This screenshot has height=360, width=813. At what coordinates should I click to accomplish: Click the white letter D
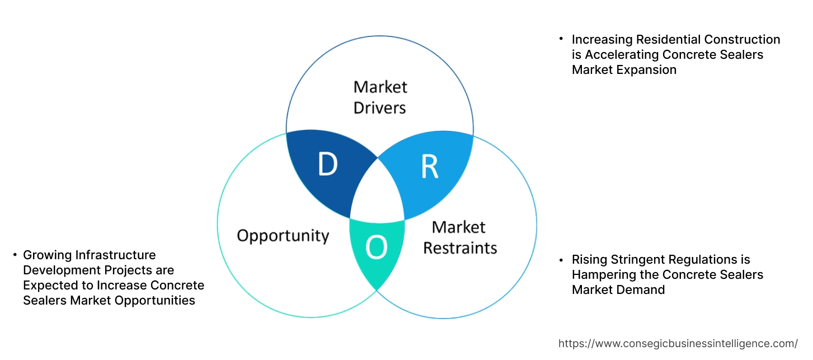click(x=327, y=165)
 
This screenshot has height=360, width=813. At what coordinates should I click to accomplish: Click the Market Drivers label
click(x=380, y=97)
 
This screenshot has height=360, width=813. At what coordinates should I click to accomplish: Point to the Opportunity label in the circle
click(x=283, y=235)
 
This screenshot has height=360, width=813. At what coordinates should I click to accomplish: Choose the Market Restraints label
click(x=459, y=237)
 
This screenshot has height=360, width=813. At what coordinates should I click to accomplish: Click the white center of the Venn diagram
click(x=377, y=193)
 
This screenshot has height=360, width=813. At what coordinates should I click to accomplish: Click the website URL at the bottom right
click(x=678, y=343)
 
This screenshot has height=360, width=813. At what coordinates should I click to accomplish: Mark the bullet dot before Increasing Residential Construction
click(x=561, y=39)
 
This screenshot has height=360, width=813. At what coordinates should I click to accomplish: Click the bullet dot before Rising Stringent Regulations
click(x=561, y=260)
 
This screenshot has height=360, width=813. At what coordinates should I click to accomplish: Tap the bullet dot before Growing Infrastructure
click(x=15, y=255)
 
